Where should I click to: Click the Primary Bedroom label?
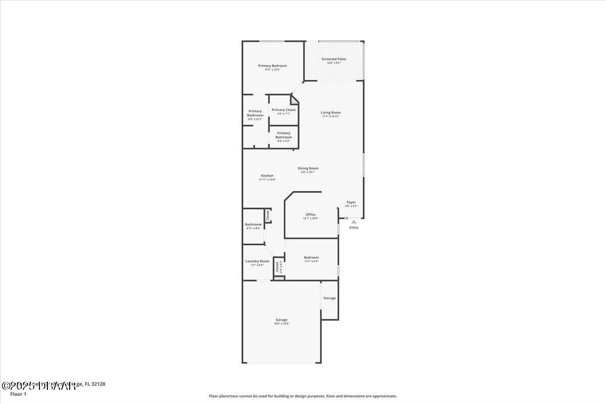[272, 66]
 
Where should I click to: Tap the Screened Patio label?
[334, 59]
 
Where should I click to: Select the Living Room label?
[331, 113]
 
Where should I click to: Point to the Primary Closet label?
[283, 110]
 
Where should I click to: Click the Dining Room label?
[308, 168]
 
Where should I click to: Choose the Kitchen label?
[267, 176]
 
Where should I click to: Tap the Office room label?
[310, 215]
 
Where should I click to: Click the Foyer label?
[351, 202]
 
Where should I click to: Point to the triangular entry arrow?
[353, 221]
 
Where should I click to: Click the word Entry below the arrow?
[353, 228]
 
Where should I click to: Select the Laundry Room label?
[257, 261]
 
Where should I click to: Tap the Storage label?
[329, 298]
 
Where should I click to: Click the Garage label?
[281, 320]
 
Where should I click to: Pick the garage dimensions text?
[281, 324]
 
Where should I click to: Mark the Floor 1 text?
[18, 394]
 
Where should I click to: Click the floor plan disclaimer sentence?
[303, 396]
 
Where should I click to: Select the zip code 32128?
[98, 384]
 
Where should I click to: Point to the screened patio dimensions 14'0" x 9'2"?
[334, 63]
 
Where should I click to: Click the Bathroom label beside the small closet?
[253, 224]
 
